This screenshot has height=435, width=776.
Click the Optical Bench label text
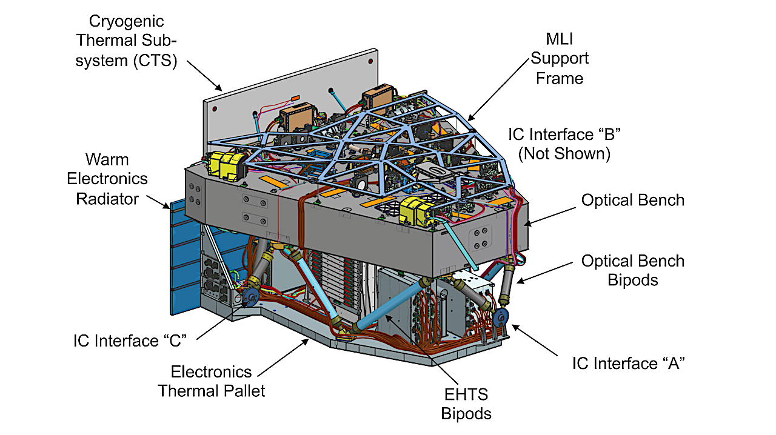pyautogui.click(x=632, y=200)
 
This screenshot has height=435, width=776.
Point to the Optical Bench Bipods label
pyautogui.click(x=632, y=270)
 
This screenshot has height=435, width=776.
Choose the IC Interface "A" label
pyautogui.click(x=629, y=363)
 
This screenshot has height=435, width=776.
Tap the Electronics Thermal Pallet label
pyautogui.click(x=212, y=381)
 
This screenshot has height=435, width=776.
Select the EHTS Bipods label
pyautogui.click(x=464, y=404)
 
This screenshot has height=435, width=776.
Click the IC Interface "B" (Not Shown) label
pyautogui.click(x=559, y=144)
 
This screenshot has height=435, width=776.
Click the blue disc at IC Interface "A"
pyautogui.click(x=501, y=317)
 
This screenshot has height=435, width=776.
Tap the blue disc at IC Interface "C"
pyautogui.click(x=250, y=297)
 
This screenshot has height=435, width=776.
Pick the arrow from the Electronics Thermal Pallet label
pyautogui.click(x=285, y=353)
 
